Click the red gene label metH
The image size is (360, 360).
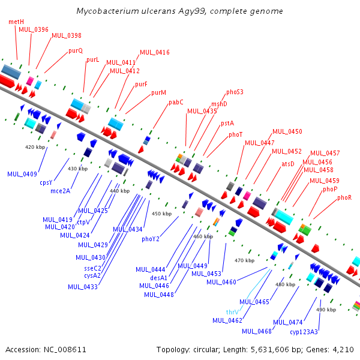tap(16, 22)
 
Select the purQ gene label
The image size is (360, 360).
tap(76, 51)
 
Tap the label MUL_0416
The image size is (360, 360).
tap(155, 53)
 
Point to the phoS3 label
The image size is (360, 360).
tap(235, 92)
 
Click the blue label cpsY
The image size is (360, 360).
tap(46, 183)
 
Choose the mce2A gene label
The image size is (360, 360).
tap(61, 191)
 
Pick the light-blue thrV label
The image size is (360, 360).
tap(232, 312)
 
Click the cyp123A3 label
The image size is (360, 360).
tap(304, 332)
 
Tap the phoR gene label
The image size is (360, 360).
tap(344, 197)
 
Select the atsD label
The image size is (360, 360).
tap(288, 164)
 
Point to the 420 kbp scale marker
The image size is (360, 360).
tap(35, 147)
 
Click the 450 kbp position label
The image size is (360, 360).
tap(161, 214)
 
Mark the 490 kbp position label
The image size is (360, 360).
tap(326, 310)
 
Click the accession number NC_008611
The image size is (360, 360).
tap(65, 350)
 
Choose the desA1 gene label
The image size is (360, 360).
tap(158, 278)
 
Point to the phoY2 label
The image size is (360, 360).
tap(151, 239)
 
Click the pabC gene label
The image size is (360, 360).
tap(176, 103)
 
